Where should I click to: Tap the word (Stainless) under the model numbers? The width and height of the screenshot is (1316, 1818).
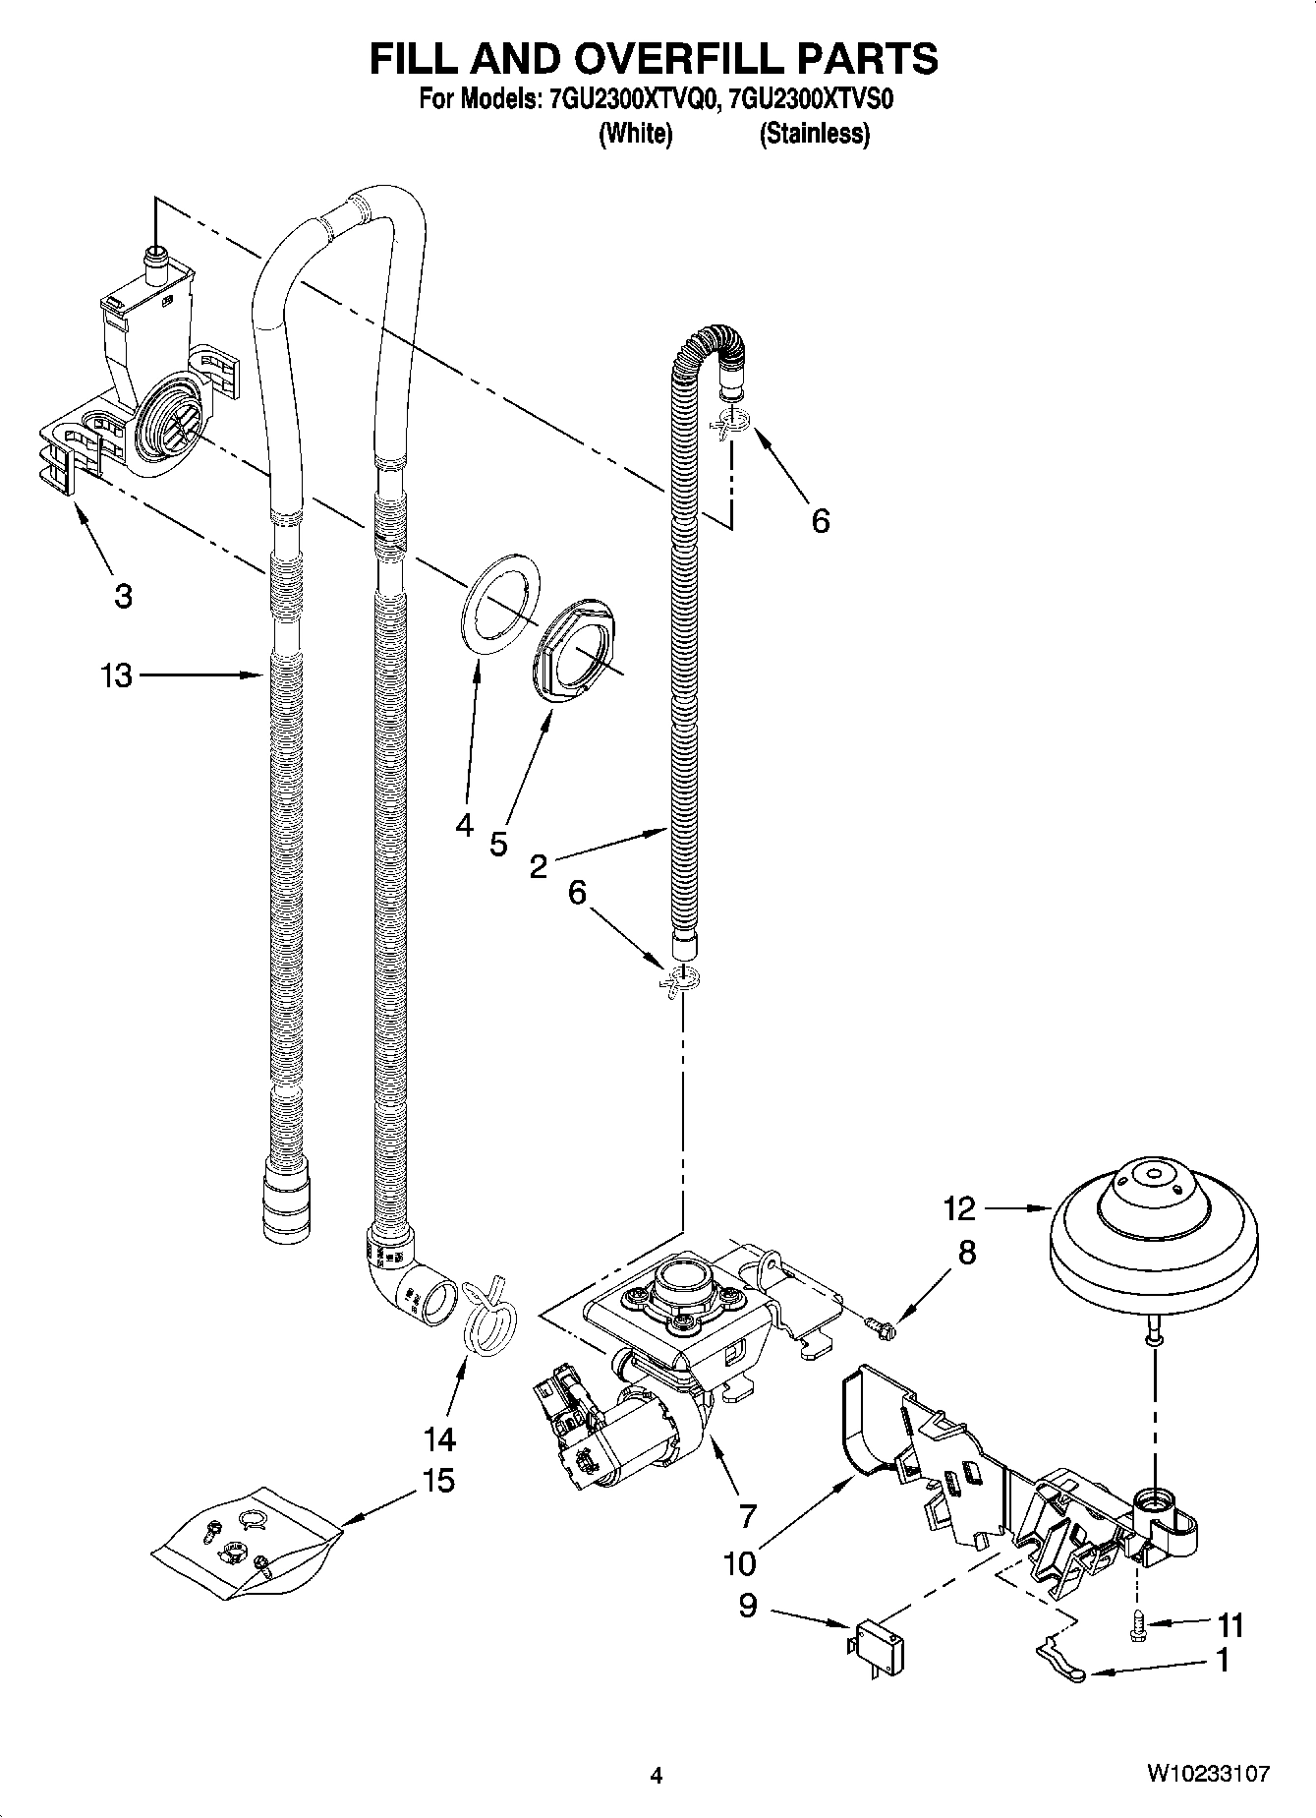814,134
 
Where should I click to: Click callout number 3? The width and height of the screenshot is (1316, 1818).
122,596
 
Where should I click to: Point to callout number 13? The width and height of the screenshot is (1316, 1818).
116,675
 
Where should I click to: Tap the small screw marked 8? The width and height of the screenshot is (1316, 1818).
881,1328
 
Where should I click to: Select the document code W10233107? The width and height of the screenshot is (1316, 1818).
1207,1773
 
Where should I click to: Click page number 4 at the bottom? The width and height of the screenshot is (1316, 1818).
657,1775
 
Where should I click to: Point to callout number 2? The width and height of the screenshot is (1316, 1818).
538,866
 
